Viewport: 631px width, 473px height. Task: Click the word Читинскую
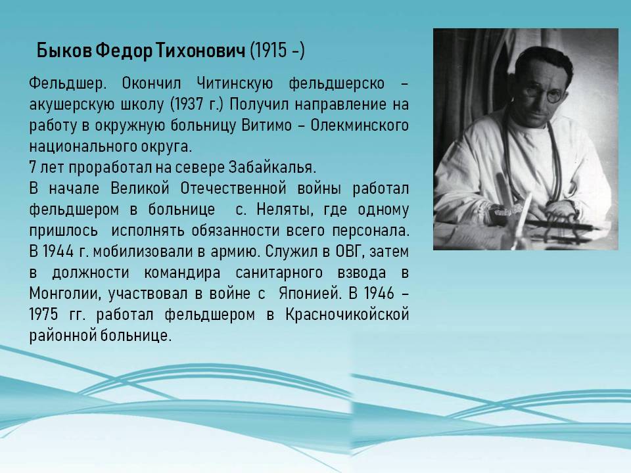[235, 83]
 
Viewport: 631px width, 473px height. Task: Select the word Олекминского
[360, 125]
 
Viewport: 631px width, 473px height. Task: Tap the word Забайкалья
[272, 168]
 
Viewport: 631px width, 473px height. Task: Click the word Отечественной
[233, 189]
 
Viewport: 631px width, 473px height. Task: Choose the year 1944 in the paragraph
[58, 252]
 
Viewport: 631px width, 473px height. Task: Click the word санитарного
[279, 273]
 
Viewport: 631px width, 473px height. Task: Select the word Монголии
[64, 294]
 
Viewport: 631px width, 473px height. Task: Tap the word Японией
[310, 294]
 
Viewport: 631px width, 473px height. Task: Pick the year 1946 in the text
[379, 294]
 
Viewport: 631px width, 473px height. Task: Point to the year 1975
[44, 315]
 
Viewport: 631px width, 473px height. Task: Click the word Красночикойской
[347, 315]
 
